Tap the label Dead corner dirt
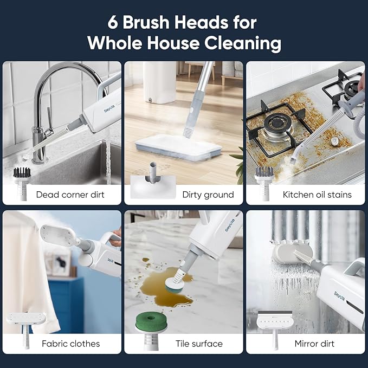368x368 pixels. [70, 194]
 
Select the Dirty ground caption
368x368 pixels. [208, 194]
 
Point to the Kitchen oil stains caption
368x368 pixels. [317, 194]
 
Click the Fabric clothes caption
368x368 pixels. [71, 344]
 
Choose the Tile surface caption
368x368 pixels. [199, 344]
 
